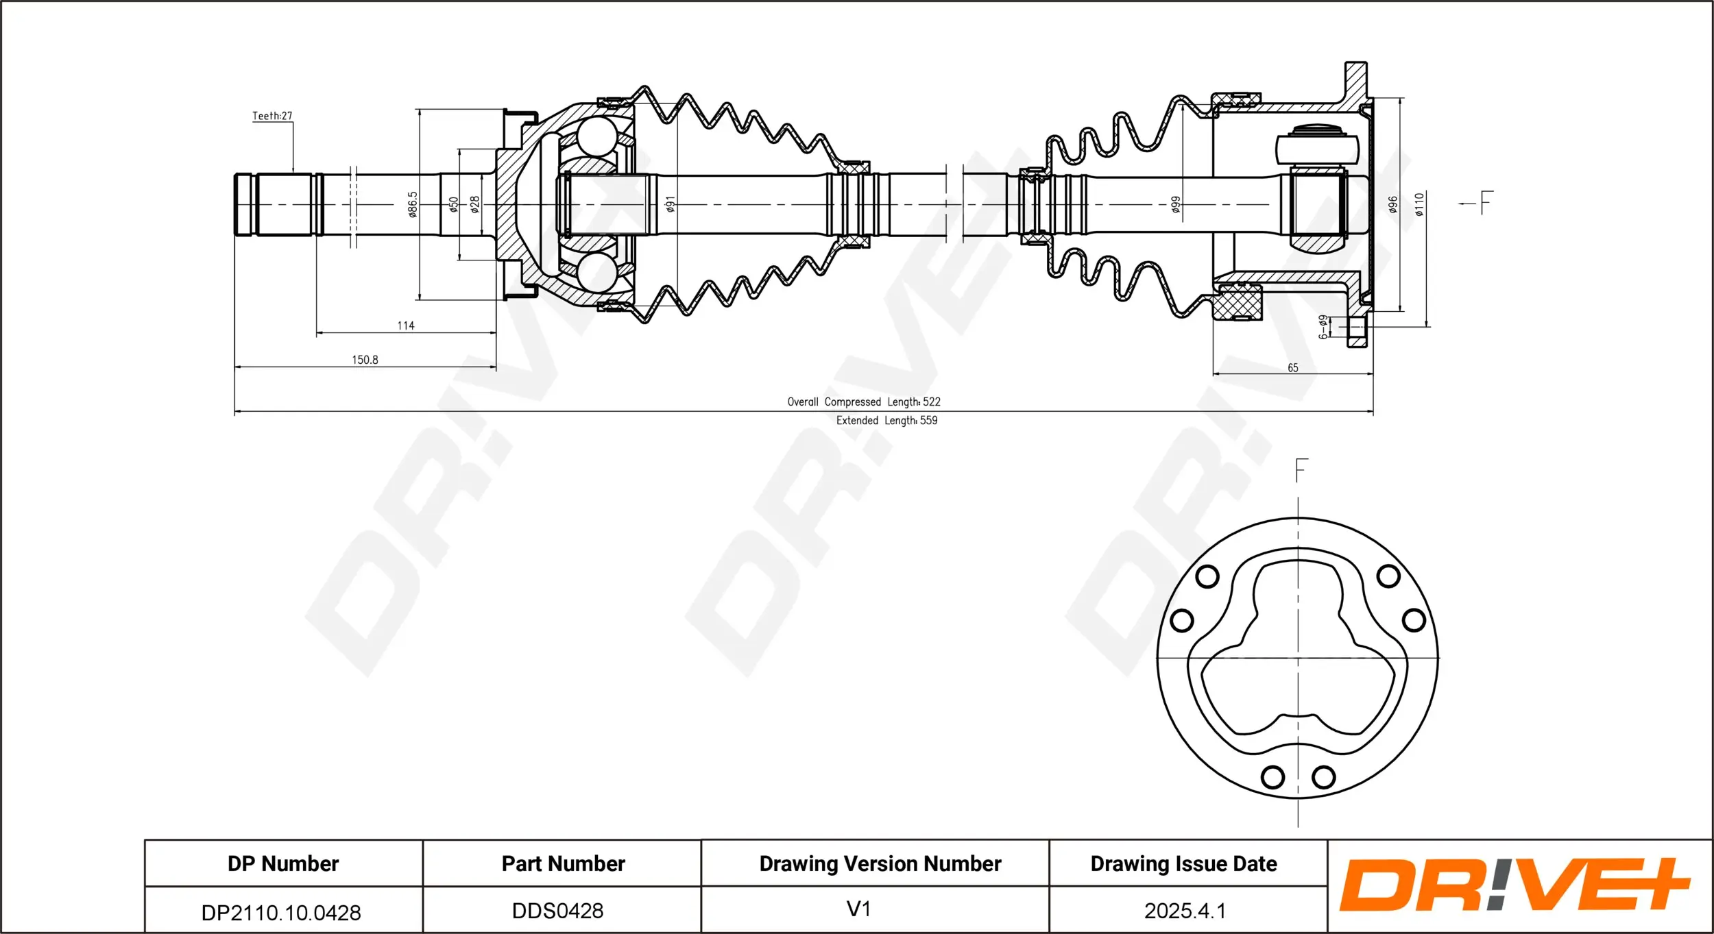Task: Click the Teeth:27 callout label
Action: point(272,116)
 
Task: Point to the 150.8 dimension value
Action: point(365,360)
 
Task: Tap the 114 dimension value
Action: point(406,325)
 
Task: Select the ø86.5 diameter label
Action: point(412,204)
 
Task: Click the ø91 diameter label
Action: point(671,204)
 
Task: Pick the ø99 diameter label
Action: point(1176,204)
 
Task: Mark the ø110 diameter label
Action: point(1419,204)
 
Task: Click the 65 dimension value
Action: point(1292,368)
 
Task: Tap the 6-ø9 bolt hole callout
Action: point(1323,327)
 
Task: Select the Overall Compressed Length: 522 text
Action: point(864,402)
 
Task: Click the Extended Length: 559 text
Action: point(886,420)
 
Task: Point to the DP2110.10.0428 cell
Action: point(281,912)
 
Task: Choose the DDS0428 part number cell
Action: point(558,911)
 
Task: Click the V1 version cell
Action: point(859,909)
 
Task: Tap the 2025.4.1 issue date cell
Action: point(1185,911)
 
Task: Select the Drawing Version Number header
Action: point(880,863)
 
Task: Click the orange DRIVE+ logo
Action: point(1514,885)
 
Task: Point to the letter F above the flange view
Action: point(1301,470)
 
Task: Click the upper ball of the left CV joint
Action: point(596,136)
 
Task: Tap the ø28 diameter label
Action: point(474,204)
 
